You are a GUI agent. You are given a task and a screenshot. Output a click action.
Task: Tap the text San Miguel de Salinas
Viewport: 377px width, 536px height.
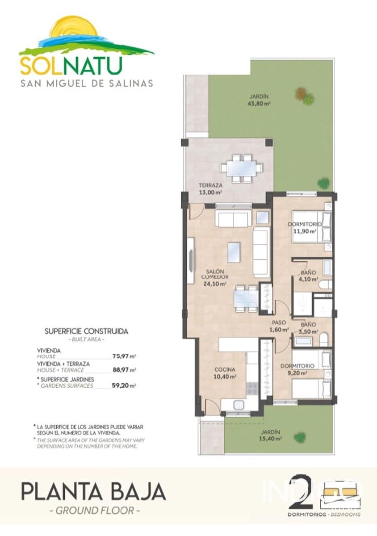pyautogui.click(x=87, y=83)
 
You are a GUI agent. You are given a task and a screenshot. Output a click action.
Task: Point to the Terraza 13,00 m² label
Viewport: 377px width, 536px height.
pyautogui.click(x=210, y=189)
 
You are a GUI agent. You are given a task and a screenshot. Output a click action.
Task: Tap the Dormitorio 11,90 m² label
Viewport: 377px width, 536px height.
pyautogui.click(x=305, y=228)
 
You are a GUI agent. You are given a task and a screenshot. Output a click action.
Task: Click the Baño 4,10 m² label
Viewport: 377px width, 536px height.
pyautogui.click(x=308, y=276)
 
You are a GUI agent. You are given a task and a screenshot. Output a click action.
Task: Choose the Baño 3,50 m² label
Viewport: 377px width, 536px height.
pyautogui.click(x=309, y=328)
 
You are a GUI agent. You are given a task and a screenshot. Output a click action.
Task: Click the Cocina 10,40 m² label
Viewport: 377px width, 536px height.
pyautogui.click(x=225, y=373)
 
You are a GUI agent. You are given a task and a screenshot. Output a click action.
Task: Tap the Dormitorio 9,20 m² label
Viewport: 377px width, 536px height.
pyautogui.click(x=297, y=369)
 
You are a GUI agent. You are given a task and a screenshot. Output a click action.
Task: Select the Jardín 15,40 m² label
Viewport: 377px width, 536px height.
pyautogui.click(x=271, y=435)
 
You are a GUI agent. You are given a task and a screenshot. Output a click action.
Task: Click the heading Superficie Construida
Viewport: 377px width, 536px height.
pyautogui.click(x=87, y=331)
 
